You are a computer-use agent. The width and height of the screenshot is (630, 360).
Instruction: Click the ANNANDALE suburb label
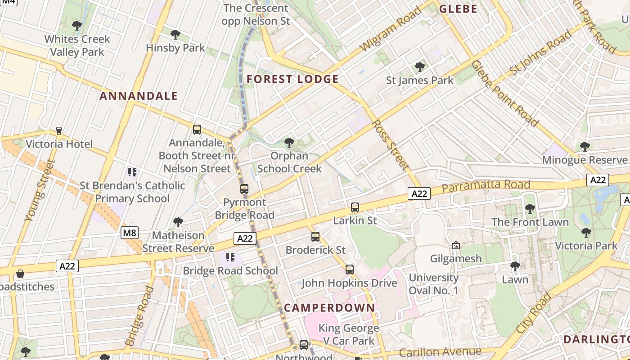139,96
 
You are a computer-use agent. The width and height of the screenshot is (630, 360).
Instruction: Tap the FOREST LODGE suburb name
292,80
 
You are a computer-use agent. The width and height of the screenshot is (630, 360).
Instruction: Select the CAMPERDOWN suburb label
329,308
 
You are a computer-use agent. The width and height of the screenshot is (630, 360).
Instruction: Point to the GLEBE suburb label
458,9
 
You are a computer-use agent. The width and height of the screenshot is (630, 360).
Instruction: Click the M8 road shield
130,233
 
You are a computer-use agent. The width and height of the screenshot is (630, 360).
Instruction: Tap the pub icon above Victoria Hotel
59,131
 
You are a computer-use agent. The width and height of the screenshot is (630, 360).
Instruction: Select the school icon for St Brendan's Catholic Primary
132,172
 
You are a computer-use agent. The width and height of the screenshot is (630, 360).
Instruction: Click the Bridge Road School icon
230,257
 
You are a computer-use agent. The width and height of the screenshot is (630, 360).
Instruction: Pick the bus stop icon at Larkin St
355,207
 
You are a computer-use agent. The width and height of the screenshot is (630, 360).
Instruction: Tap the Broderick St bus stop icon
315,237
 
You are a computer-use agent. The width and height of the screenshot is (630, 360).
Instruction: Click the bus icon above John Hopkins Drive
350,270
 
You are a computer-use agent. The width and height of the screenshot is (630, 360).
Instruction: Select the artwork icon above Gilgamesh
456,245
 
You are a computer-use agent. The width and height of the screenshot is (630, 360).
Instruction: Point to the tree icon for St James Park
420,67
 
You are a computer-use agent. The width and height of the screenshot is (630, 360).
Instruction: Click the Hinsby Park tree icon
175,34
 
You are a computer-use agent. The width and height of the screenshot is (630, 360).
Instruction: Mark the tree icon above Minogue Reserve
585,146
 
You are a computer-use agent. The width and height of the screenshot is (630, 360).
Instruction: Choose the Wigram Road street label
391,29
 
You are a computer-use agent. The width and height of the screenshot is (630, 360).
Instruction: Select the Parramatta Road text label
486,186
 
